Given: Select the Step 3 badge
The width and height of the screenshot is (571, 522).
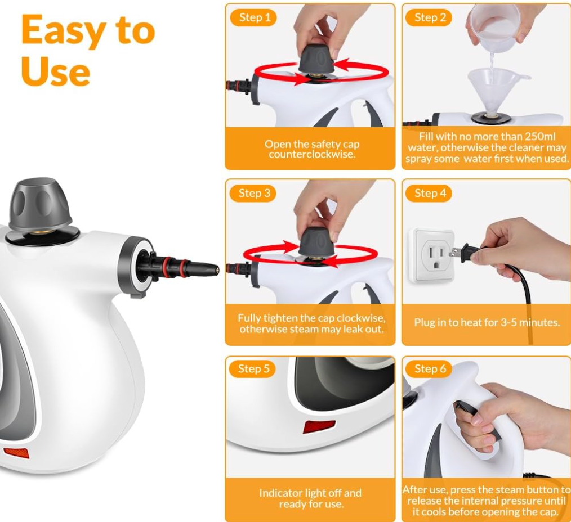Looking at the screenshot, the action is tap(253, 193).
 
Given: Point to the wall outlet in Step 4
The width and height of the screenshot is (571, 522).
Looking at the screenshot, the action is tap(432, 255).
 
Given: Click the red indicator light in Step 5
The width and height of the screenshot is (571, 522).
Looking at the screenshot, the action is tap(319, 426).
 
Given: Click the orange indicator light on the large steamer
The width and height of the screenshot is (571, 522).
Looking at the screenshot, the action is tap(16, 453).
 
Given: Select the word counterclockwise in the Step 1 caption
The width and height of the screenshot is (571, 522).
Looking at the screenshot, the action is tap(312, 154).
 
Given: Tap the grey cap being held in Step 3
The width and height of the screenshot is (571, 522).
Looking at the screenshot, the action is tap(316, 241).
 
